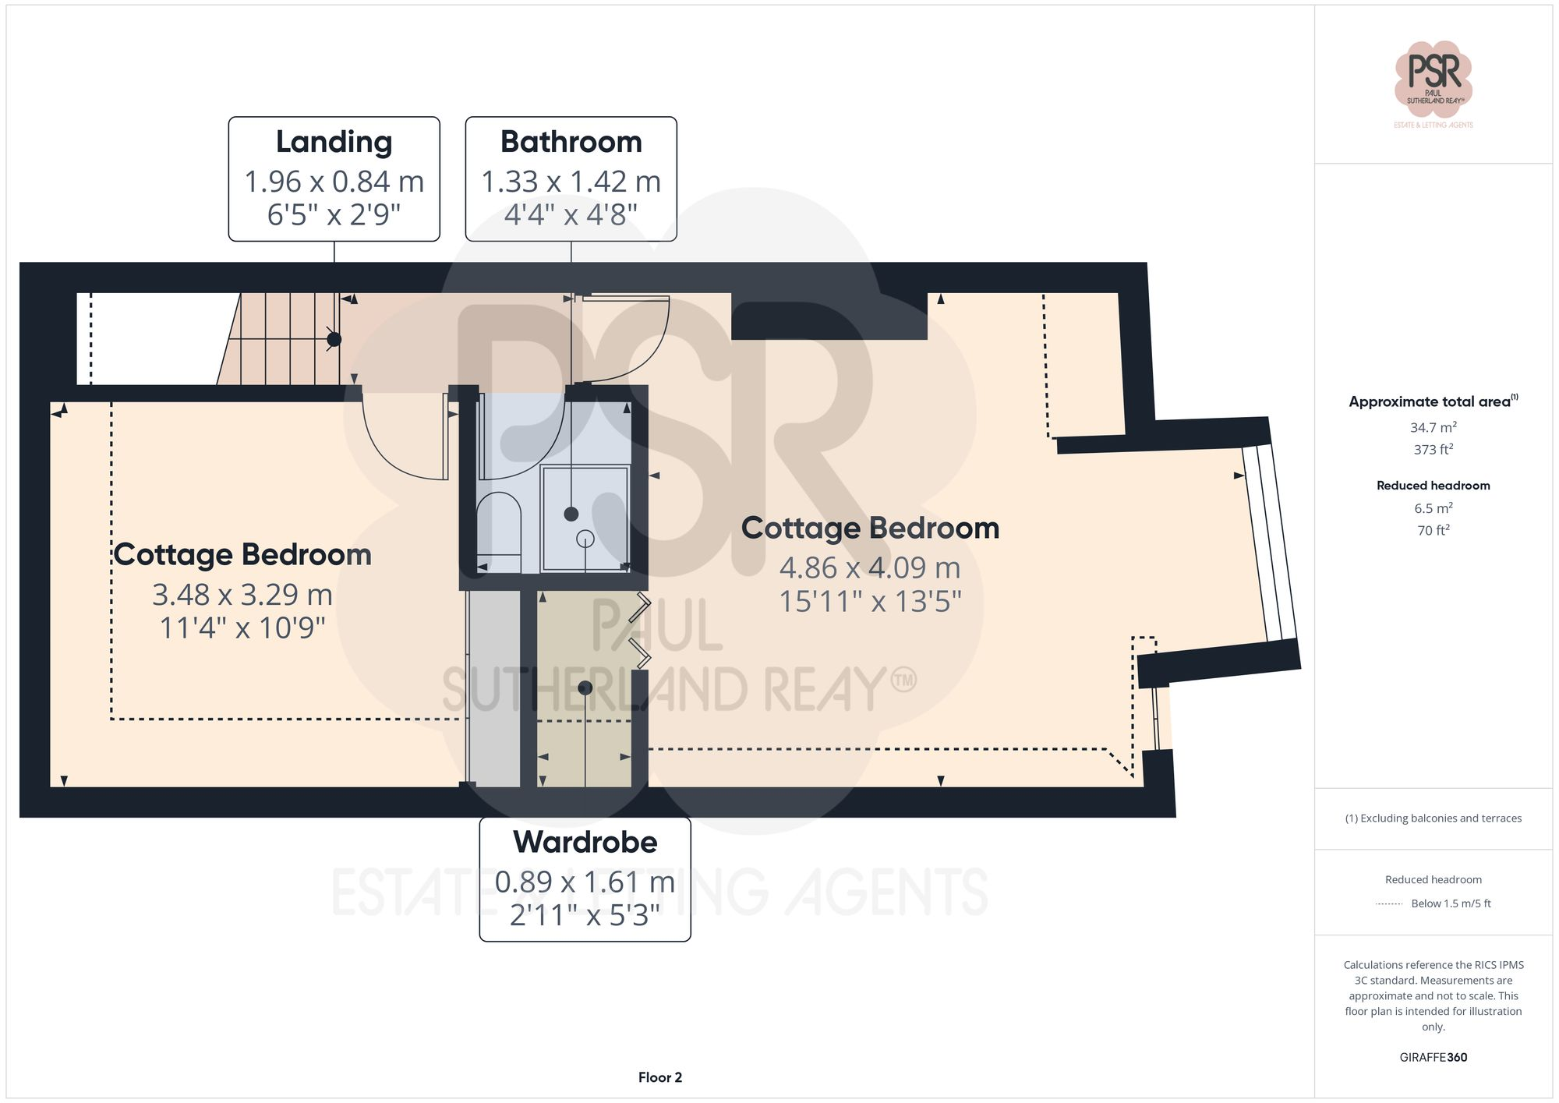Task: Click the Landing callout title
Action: pyautogui.click(x=334, y=143)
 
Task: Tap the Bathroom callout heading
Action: pyautogui.click(x=571, y=143)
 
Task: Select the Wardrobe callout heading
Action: pyautogui.click(x=585, y=843)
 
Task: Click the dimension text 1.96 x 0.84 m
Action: pyautogui.click(x=334, y=182)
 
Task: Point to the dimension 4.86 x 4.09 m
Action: pyautogui.click(x=870, y=567)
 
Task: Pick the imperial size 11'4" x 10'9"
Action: pyautogui.click(x=242, y=628)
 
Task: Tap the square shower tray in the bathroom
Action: pyautogui.click(x=585, y=518)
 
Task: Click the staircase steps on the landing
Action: pyautogui.click(x=281, y=339)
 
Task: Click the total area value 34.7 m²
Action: pyautogui.click(x=1433, y=427)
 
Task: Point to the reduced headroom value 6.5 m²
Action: pyautogui.click(x=1433, y=508)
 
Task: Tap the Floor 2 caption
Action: pyautogui.click(x=659, y=1077)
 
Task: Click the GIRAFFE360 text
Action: pyautogui.click(x=1433, y=1057)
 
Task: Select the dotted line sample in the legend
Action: pyautogui.click(x=1389, y=904)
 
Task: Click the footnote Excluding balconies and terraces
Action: pyautogui.click(x=1433, y=818)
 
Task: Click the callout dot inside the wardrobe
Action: pyautogui.click(x=585, y=688)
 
